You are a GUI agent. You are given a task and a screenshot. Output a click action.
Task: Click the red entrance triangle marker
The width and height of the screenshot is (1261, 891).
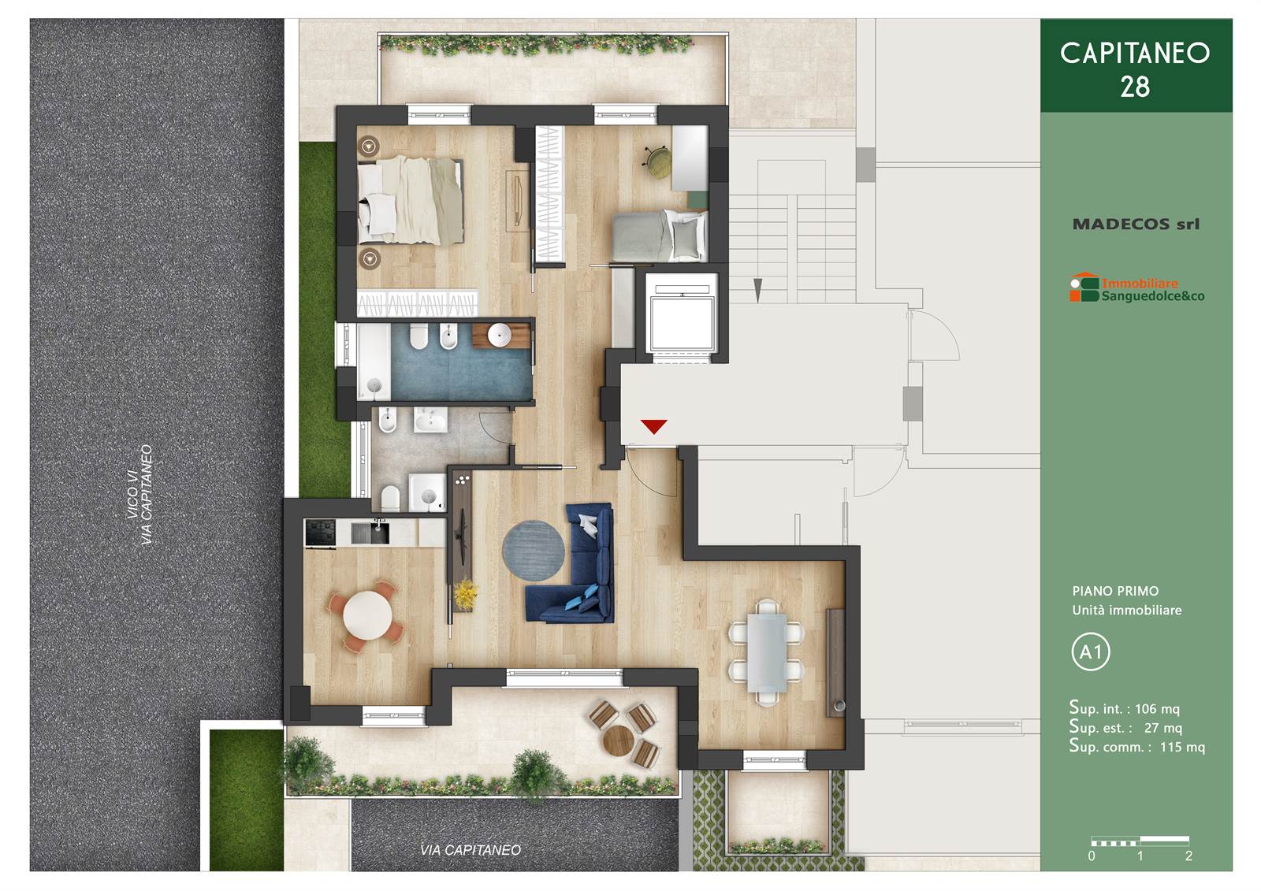tap(653, 425)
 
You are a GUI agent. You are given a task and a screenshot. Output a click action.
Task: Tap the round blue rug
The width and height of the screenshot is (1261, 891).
tap(533, 550)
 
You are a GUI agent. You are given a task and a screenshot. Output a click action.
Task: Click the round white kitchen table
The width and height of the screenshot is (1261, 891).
tap(367, 615)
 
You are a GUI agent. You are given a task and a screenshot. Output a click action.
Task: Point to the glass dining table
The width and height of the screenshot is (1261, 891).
tap(767, 652)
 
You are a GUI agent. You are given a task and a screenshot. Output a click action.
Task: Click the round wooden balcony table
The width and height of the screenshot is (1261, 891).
tap(618, 741)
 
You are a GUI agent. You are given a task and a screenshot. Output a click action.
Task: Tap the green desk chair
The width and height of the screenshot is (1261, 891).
tap(657, 159)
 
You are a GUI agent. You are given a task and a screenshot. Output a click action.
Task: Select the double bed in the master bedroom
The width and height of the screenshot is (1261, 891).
tap(411, 201)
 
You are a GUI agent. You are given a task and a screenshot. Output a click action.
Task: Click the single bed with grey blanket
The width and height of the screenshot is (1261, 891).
tap(659, 236)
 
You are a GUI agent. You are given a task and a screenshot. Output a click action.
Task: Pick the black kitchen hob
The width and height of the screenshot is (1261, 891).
tap(320, 533)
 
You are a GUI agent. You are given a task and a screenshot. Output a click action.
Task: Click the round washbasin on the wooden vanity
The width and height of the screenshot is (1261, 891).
tap(499, 335)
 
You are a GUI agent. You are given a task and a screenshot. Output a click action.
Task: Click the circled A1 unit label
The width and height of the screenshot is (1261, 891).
tap(1091, 652)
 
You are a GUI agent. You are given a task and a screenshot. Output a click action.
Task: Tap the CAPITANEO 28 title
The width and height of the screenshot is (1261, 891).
tap(1135, 69)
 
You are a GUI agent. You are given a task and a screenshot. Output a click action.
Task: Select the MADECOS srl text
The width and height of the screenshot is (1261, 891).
tap(1136, 224)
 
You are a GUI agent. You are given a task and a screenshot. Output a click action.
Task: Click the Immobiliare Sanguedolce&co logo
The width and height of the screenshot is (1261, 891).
tap(1136, 289)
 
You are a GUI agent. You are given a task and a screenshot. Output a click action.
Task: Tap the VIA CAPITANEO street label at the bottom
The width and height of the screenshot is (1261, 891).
tap(470, 849)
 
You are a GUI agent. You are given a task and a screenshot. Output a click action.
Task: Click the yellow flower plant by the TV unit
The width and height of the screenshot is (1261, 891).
tap(464, 594)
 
